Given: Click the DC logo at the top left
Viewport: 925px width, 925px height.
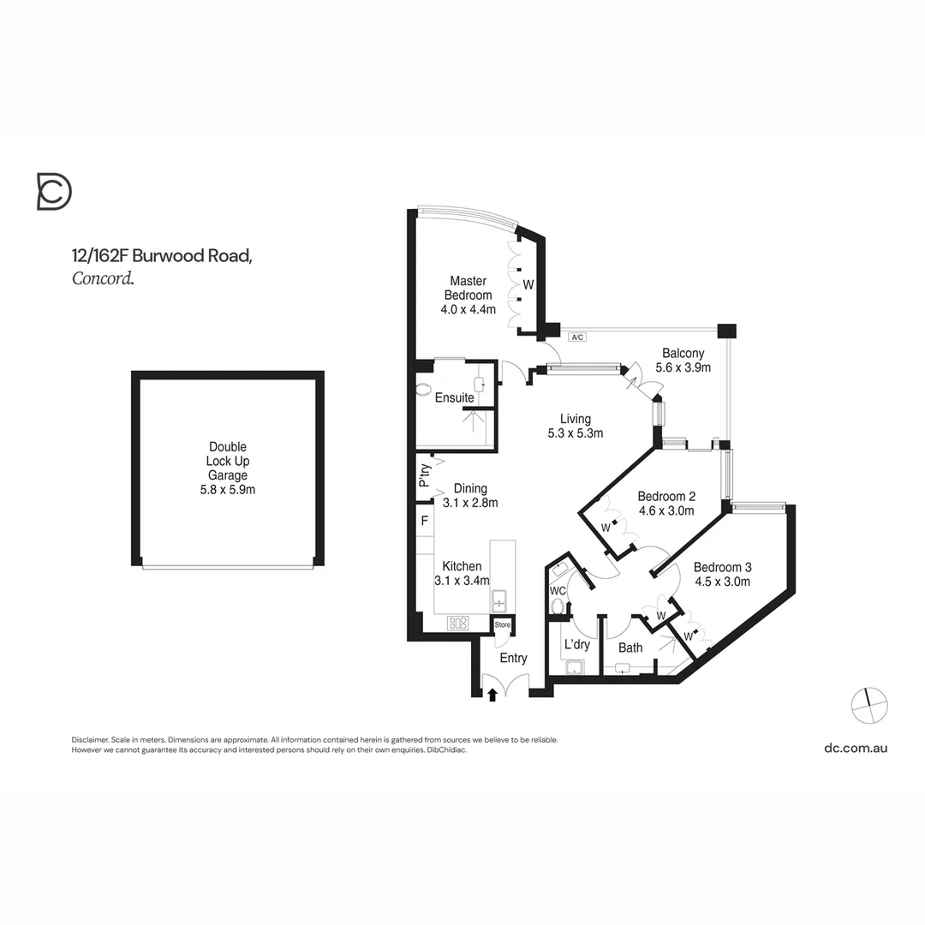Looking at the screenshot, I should pos(54,191).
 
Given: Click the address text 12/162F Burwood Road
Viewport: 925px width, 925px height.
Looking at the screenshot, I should pos(161,255).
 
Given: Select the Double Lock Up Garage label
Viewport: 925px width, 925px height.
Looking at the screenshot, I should pos(228,468).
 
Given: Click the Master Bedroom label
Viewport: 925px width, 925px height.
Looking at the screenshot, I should pos(468,288).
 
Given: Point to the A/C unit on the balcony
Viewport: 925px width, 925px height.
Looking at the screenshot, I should pos(577,337).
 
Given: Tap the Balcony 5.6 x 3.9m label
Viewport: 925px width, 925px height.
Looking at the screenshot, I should pos(683,360).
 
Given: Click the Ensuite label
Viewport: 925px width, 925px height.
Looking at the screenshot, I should pos(454,398).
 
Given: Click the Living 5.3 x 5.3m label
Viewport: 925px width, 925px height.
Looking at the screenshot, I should pos(576,426).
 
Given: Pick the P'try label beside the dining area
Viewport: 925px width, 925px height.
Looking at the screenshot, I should pos(424,474).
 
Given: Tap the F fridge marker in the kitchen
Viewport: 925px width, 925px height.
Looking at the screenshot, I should pos(424,520).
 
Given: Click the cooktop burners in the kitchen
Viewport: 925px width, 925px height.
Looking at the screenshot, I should pos(457,623).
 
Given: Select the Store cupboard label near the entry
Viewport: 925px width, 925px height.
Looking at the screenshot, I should pos(503,625).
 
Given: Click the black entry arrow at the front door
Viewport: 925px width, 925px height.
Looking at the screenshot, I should pos(492,695).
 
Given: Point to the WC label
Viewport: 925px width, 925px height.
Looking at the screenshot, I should pos(558,591).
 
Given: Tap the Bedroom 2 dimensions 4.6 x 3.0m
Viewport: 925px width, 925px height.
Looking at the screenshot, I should pos(665,510).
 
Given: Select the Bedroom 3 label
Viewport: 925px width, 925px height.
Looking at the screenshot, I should pos(722,567).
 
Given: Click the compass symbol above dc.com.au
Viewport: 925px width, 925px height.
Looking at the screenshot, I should pos(869,705).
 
